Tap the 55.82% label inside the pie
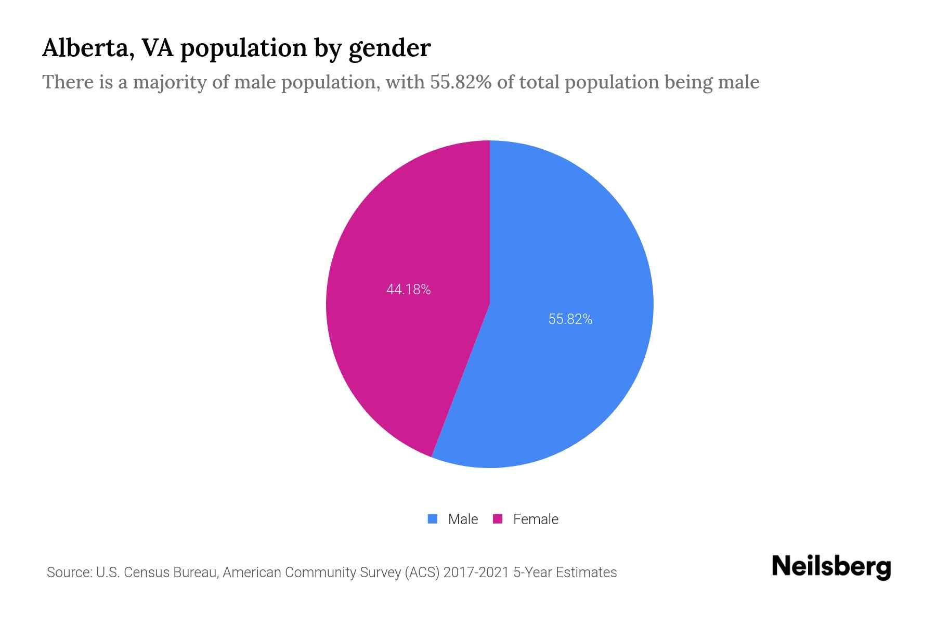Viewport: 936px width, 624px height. (x=570, y=319)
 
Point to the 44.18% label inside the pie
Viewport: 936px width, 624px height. (x=408, y=290)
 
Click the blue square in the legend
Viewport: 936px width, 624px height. (x=433, y=519)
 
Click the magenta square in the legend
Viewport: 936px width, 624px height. (x=498, y=519)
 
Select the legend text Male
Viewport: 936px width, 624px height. (x=463, y=519)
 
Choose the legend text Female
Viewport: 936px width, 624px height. (x=536, y=519)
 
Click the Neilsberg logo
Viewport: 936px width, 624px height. (x=831, y=567)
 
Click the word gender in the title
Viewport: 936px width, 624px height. (x=389, y=49)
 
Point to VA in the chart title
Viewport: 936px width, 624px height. (x=158, y=48)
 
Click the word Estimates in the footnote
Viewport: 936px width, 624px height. (x=587, y=573)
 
